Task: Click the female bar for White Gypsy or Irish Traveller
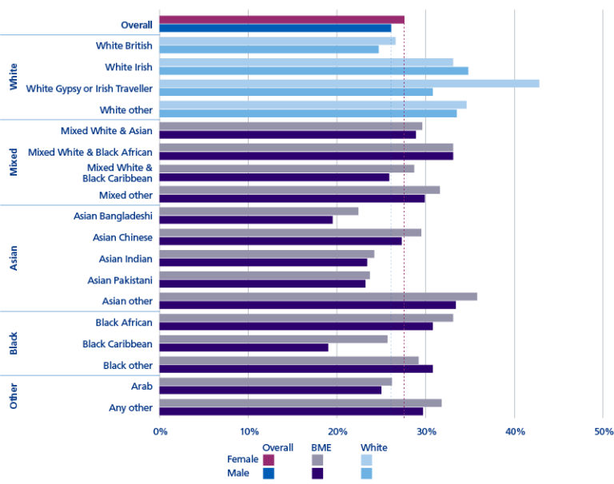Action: (x=349, y=83)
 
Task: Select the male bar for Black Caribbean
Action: (x=244, y=347)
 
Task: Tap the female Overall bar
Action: (x=281, y=19)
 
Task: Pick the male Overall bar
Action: (x=275, y=28)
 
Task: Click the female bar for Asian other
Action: (x=318, y=296)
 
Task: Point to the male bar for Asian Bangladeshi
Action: (x=246, y=220)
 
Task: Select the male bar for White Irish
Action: (x=313, y=70)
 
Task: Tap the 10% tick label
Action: (x=248, y=432)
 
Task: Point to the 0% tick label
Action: (x=160, y=432)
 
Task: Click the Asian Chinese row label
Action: (x=122, y=237)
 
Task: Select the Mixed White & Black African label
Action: (x=90, y=152)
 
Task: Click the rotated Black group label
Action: (x=14, y=343)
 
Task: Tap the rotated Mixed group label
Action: (x=14, y=161)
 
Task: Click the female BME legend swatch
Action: (x=317, y=460)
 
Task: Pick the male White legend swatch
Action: (x=367, y=474)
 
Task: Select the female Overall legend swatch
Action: (x=268, y=460)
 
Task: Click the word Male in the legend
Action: (x=244, y=474)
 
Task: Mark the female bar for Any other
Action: (x=301, y=403)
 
